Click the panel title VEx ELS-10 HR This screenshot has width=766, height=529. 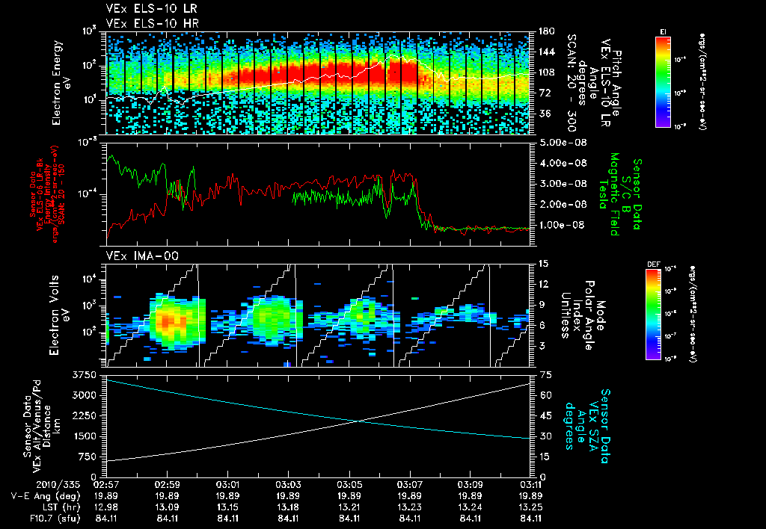[x=145, y=24]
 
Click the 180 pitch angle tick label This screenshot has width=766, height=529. [x=546, y=31]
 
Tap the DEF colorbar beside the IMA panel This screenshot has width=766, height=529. [x=663, y=315]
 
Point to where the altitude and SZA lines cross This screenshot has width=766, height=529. [x=359, y=421]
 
